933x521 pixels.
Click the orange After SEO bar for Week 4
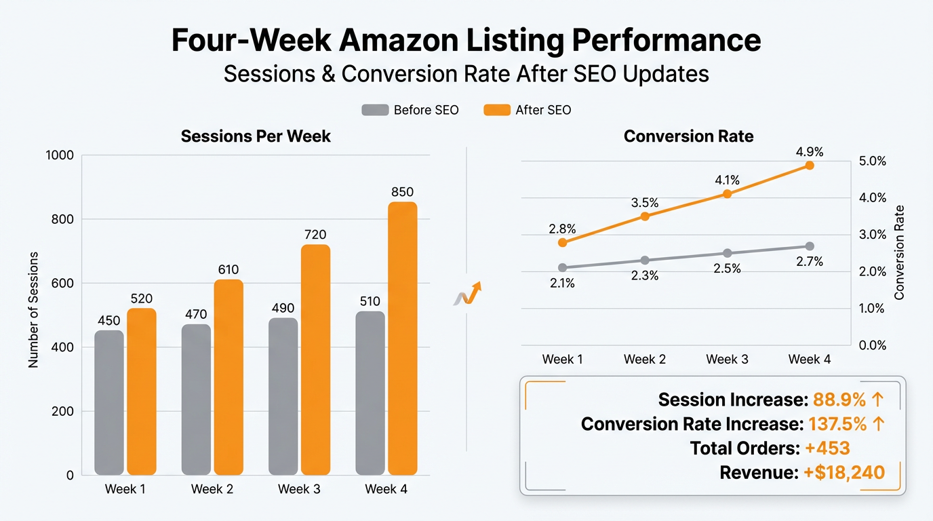[402, 339]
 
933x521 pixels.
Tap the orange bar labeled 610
[229, 377]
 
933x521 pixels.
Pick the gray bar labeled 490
[283, 396]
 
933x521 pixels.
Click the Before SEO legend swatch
[375, 110]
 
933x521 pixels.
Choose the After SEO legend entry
[528, 110]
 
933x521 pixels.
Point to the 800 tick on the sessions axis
[59, 219]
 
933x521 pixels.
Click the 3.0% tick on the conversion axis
[873, 235]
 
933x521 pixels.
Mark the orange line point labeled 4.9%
[809, 166]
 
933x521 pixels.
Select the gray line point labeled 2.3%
[645, 260]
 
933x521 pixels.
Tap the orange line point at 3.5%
[645, 216]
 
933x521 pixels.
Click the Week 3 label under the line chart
[727, 360]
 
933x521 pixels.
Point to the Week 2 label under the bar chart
[212, 489]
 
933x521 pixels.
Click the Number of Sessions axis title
[33, 310]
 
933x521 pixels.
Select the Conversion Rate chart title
[688, 136]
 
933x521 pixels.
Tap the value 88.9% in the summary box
[838, 400]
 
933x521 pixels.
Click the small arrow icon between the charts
[467, 294]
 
